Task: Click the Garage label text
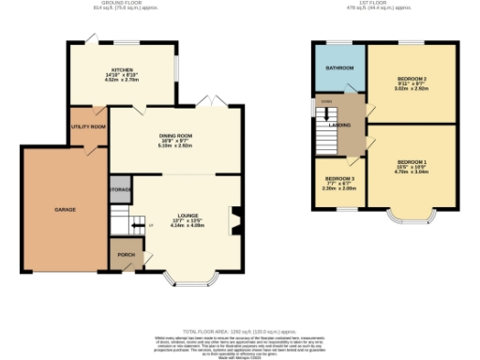[x=65, y=209]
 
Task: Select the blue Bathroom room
[x=339, y=69]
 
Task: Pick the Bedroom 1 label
[x=411, y=163]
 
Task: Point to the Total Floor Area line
[x=239, y=331]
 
